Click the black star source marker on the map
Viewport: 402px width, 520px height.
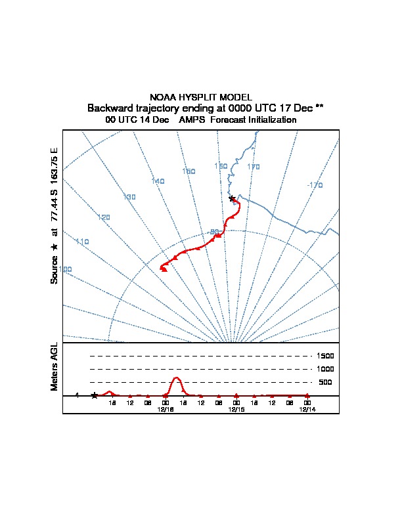coord(231,198)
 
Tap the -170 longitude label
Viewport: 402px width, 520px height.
coord(315,186)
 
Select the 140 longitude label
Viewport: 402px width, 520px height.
coord(158,181)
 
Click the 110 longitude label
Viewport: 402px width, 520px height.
coord(82,242)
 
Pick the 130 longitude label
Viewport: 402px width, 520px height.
coord(129,197)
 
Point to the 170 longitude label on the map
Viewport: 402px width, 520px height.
coord(254,167)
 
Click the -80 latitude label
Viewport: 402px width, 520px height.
coord(214,232)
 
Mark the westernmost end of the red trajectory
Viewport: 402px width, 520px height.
coord(162,267)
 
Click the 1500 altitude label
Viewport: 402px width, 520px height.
coord(325,356)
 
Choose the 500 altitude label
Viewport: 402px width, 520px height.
coord(325,382)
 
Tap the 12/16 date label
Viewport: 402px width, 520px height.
coord(166,408)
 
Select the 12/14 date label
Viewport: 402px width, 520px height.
coord(307,408)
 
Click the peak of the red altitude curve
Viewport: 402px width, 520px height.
coord(177,378)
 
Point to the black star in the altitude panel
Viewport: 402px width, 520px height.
coord(94,395)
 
